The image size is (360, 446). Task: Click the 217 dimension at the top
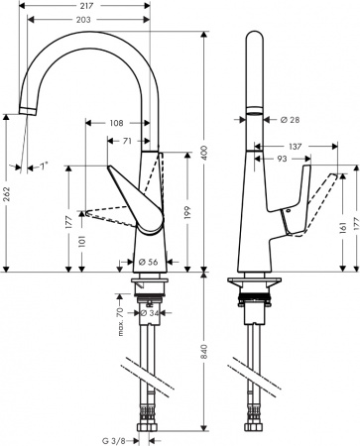tap(94, 5)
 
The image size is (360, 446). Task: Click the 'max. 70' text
tap(121, 319)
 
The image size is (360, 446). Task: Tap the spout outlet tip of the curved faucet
tap(27, 110)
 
